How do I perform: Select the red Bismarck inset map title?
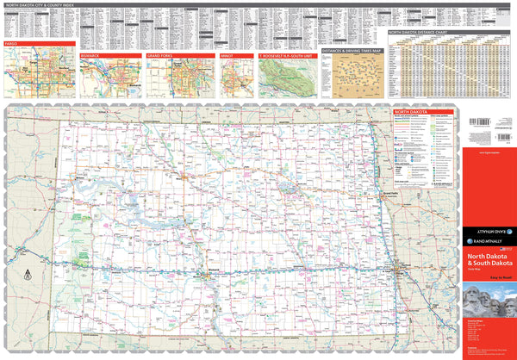pos(93,54)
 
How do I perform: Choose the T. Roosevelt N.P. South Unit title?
pos(287,54)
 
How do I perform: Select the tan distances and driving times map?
pos(352,78)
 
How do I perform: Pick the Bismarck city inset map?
pos(111,78)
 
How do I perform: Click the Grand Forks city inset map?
pos(180,78)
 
